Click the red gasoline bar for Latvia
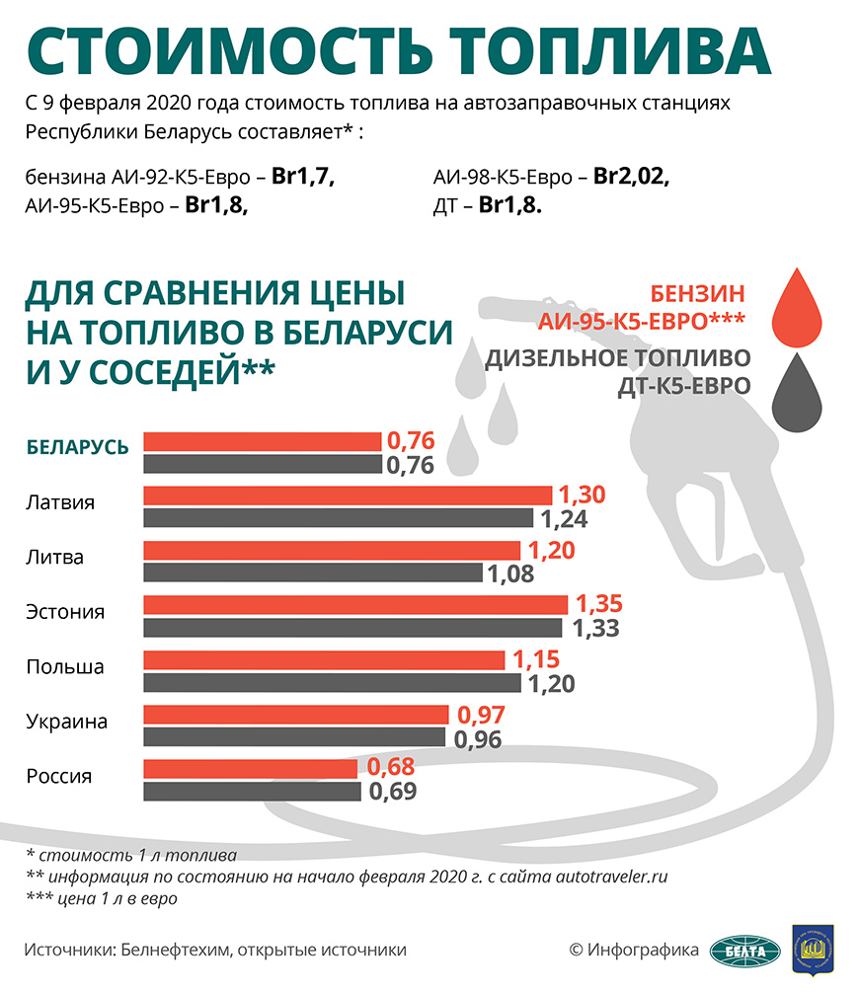[x=348, y=496]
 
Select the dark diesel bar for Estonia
[x=352, y=627]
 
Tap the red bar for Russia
[x=251, y=768]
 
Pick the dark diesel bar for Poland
[x=332, y=682]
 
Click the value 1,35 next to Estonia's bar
[x=600, y=604]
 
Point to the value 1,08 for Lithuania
[x=512, y=573]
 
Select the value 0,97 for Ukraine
[x=478, y=714]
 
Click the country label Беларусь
[x=77, y=447]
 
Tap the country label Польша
[x=65, y=666]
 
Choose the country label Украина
[x=67, y=722]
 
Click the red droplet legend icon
[x=796, y=308]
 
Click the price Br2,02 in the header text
[x=632, y=178]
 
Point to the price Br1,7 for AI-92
[x=304, y=178]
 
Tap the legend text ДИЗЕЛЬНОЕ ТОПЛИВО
[x=617, y=357]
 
